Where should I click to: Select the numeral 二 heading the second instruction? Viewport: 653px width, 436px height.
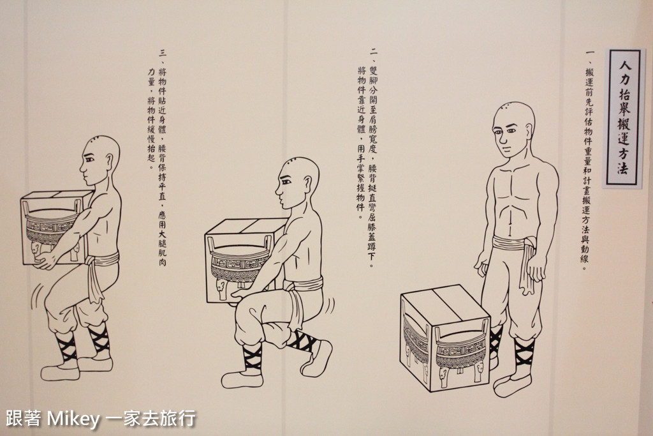[374, 52]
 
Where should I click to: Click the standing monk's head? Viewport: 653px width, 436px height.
[513, 130]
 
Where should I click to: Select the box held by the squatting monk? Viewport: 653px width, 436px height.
[246, 260]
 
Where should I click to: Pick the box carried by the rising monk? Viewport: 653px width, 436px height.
[57, 228]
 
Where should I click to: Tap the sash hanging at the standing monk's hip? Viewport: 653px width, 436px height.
[526, 267]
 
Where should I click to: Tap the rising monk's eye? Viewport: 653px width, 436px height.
[89, 160]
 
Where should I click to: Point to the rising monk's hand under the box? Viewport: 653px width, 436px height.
[45, 261]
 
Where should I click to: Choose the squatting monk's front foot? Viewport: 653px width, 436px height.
[242, 378]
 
